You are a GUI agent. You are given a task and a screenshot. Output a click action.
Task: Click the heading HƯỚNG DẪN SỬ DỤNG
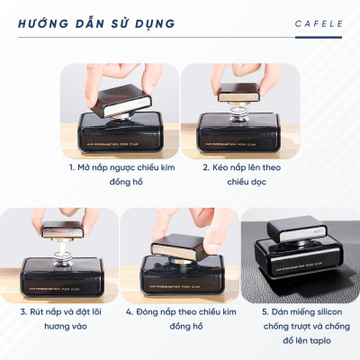(96, 22)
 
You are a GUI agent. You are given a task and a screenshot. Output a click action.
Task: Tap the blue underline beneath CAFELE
(319, 37)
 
